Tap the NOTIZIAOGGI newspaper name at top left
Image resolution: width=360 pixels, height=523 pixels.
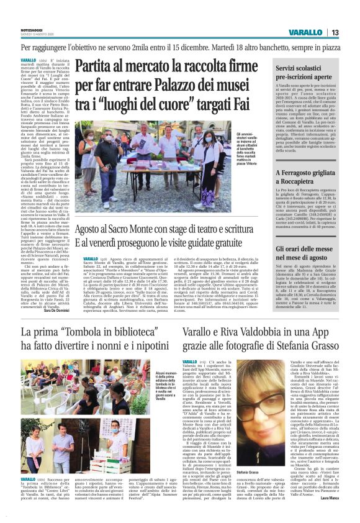(x=32, y=30)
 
